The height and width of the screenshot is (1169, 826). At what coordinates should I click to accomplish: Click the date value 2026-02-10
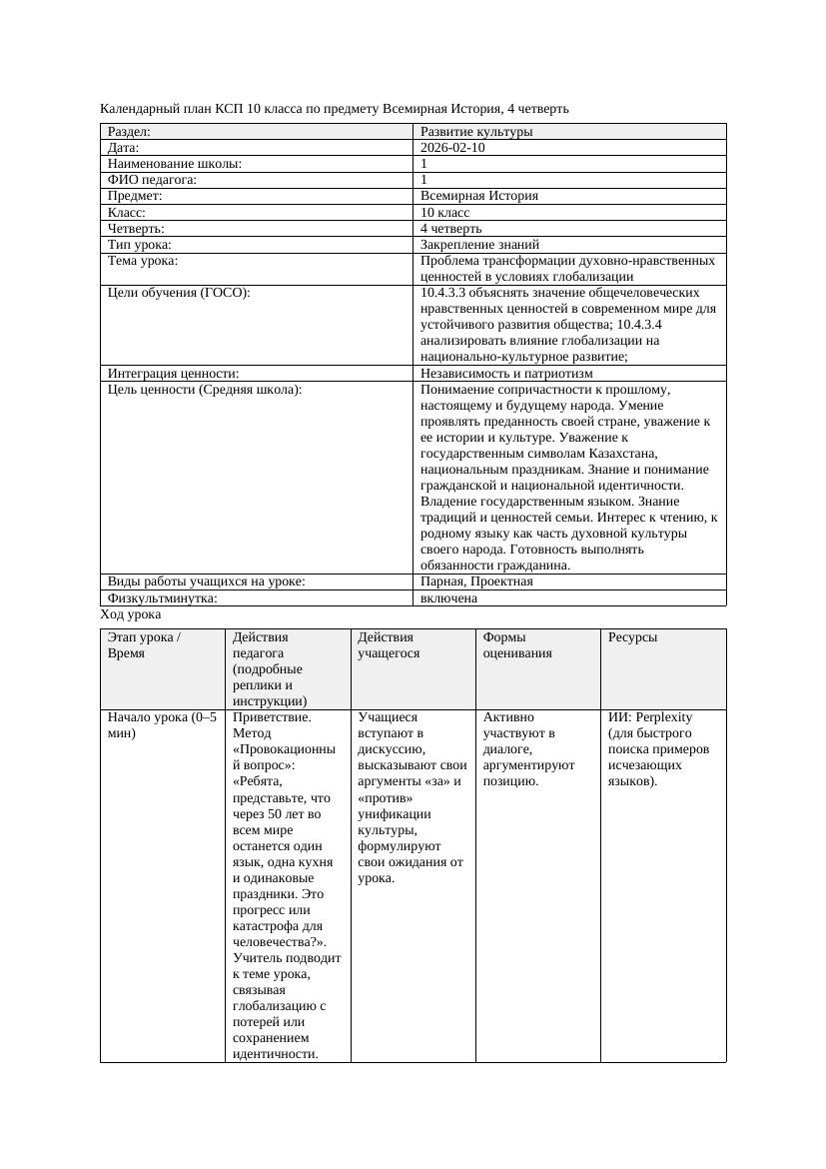coord(453,148)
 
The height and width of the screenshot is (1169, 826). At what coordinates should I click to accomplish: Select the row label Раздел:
coord(129,132)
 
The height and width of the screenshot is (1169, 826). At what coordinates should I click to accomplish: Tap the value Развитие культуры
coord(476,132)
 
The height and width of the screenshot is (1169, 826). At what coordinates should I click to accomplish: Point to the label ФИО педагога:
coord(152,180)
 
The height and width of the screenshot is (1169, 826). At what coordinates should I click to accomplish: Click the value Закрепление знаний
coord(479,244)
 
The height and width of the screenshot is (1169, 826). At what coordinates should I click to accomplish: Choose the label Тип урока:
coord(140,244)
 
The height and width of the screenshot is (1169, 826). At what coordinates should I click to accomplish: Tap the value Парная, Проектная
coord(476,582)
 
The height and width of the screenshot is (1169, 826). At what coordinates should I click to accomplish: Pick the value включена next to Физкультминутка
coord(448,598)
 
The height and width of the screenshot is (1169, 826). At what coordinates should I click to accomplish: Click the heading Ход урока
coord(131,615)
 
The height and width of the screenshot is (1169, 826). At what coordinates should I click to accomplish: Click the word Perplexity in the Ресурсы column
coord(664,717)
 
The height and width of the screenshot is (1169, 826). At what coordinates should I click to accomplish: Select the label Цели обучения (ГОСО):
coord(179,293)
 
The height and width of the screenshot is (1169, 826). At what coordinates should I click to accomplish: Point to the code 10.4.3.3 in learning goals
coord(446,293)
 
